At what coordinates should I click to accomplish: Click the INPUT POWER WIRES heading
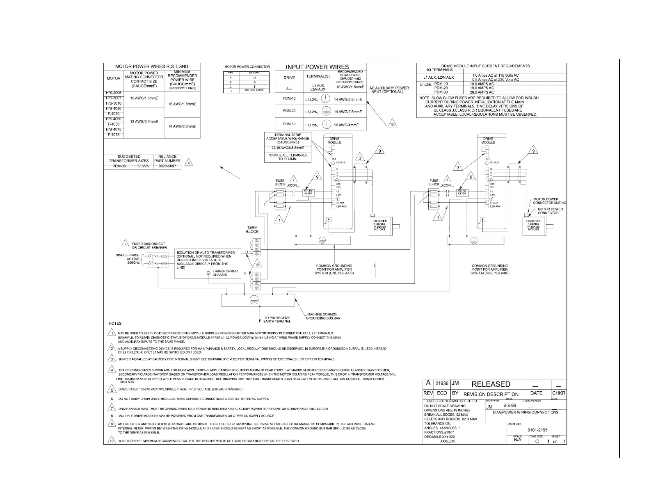click(317, 67)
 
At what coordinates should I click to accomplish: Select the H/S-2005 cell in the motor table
click(114, 93)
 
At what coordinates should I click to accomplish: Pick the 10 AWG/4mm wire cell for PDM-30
click(346, 125)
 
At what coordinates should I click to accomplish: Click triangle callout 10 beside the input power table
click(392, 124)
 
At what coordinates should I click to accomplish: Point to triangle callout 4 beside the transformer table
click(189, 162)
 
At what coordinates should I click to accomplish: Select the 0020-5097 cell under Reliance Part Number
click(167, 167)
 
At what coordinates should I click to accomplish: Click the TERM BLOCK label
click(252, 230)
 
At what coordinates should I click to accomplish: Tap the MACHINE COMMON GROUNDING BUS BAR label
click(323, 316)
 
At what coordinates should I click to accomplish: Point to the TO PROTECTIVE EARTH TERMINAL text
click(277, 319)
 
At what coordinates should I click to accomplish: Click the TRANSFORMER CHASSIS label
click(225, 273)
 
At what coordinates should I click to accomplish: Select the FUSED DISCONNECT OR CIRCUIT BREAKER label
click(149, 246)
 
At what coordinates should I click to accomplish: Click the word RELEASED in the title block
click(491, 384)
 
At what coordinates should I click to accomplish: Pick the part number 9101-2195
click(537, 430)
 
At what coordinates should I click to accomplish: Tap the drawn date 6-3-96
click(510, 406)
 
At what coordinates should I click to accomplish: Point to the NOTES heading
click(115, 324)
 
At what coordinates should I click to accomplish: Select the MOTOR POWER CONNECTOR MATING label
click(549, 201)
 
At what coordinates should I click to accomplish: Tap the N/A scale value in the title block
click(517, 440)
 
